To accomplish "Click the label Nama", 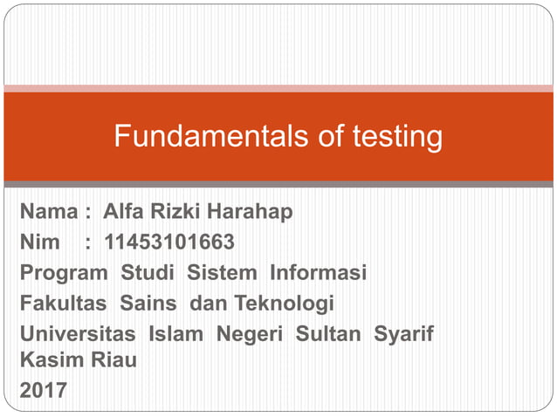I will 49,211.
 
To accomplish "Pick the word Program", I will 64,273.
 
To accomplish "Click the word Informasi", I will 318,272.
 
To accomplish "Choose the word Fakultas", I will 63,304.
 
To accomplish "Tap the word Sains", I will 148,304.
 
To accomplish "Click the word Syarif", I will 405,335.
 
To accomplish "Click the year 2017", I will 43,391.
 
